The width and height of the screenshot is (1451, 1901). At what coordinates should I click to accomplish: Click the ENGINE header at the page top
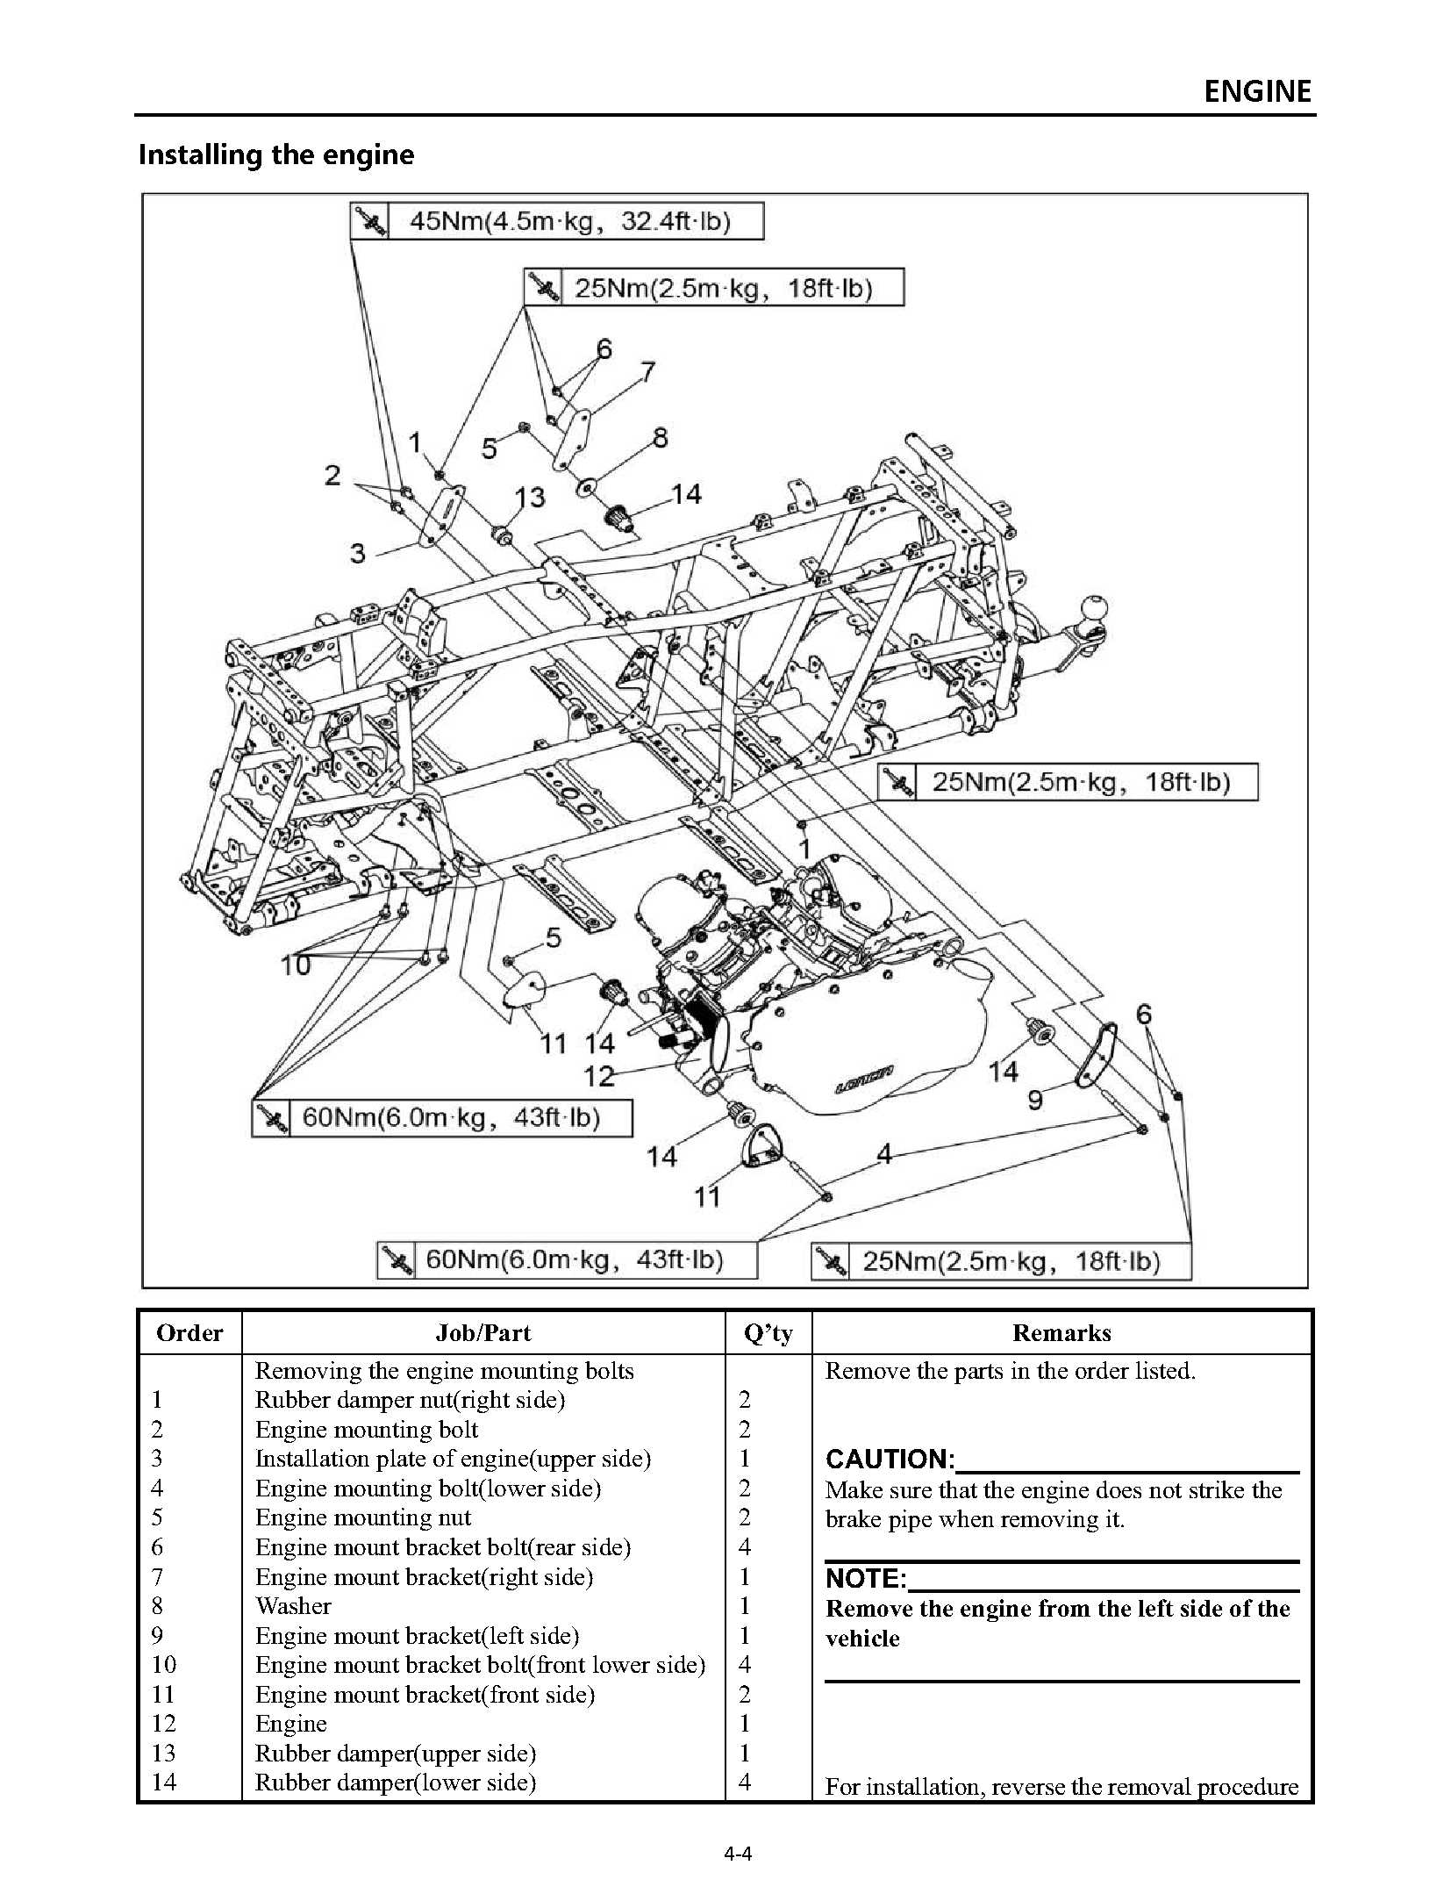(x=1256, y=91)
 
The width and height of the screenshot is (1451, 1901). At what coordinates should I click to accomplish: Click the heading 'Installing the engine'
(x=276, y=155)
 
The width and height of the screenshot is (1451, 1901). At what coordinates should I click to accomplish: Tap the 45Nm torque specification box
(x=557, y=221)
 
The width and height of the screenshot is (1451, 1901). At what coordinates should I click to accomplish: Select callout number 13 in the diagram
(x=530, y=498)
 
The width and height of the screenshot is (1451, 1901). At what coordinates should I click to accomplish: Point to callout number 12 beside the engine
(x=599, y=1075)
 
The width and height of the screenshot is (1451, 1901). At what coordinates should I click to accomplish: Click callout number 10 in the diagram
(x=296, y=965)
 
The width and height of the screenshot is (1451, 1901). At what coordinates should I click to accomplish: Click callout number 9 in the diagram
(x=1035, y=1099)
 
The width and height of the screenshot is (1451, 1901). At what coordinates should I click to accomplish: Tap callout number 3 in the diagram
(x=357, y=554)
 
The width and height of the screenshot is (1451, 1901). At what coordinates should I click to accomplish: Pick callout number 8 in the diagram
(x=660, y=437)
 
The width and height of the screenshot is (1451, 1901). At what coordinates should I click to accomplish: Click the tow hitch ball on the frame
(x=1095, y=608)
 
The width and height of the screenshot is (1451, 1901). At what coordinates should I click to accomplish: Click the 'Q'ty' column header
(x=768, y=1333)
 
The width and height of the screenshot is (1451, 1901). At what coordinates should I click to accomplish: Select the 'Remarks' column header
(x=1061, y=1333)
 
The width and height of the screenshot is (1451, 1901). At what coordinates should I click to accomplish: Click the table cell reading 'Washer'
(x=293, y=1606)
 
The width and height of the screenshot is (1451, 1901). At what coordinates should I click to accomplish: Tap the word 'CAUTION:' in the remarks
(x=890, y=1460)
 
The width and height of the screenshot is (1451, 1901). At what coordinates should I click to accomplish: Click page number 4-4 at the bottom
(x=738, y=1854)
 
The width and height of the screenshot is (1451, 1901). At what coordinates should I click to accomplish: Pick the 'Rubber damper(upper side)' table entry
(x=395, y=1754)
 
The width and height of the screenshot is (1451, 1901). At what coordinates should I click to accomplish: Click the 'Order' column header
(x=189, y=1333)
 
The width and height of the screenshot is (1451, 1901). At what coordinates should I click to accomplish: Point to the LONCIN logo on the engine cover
(x=863, y=1080)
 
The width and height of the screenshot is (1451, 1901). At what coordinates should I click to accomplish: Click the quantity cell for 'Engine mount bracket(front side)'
(x=744, y=1695)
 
